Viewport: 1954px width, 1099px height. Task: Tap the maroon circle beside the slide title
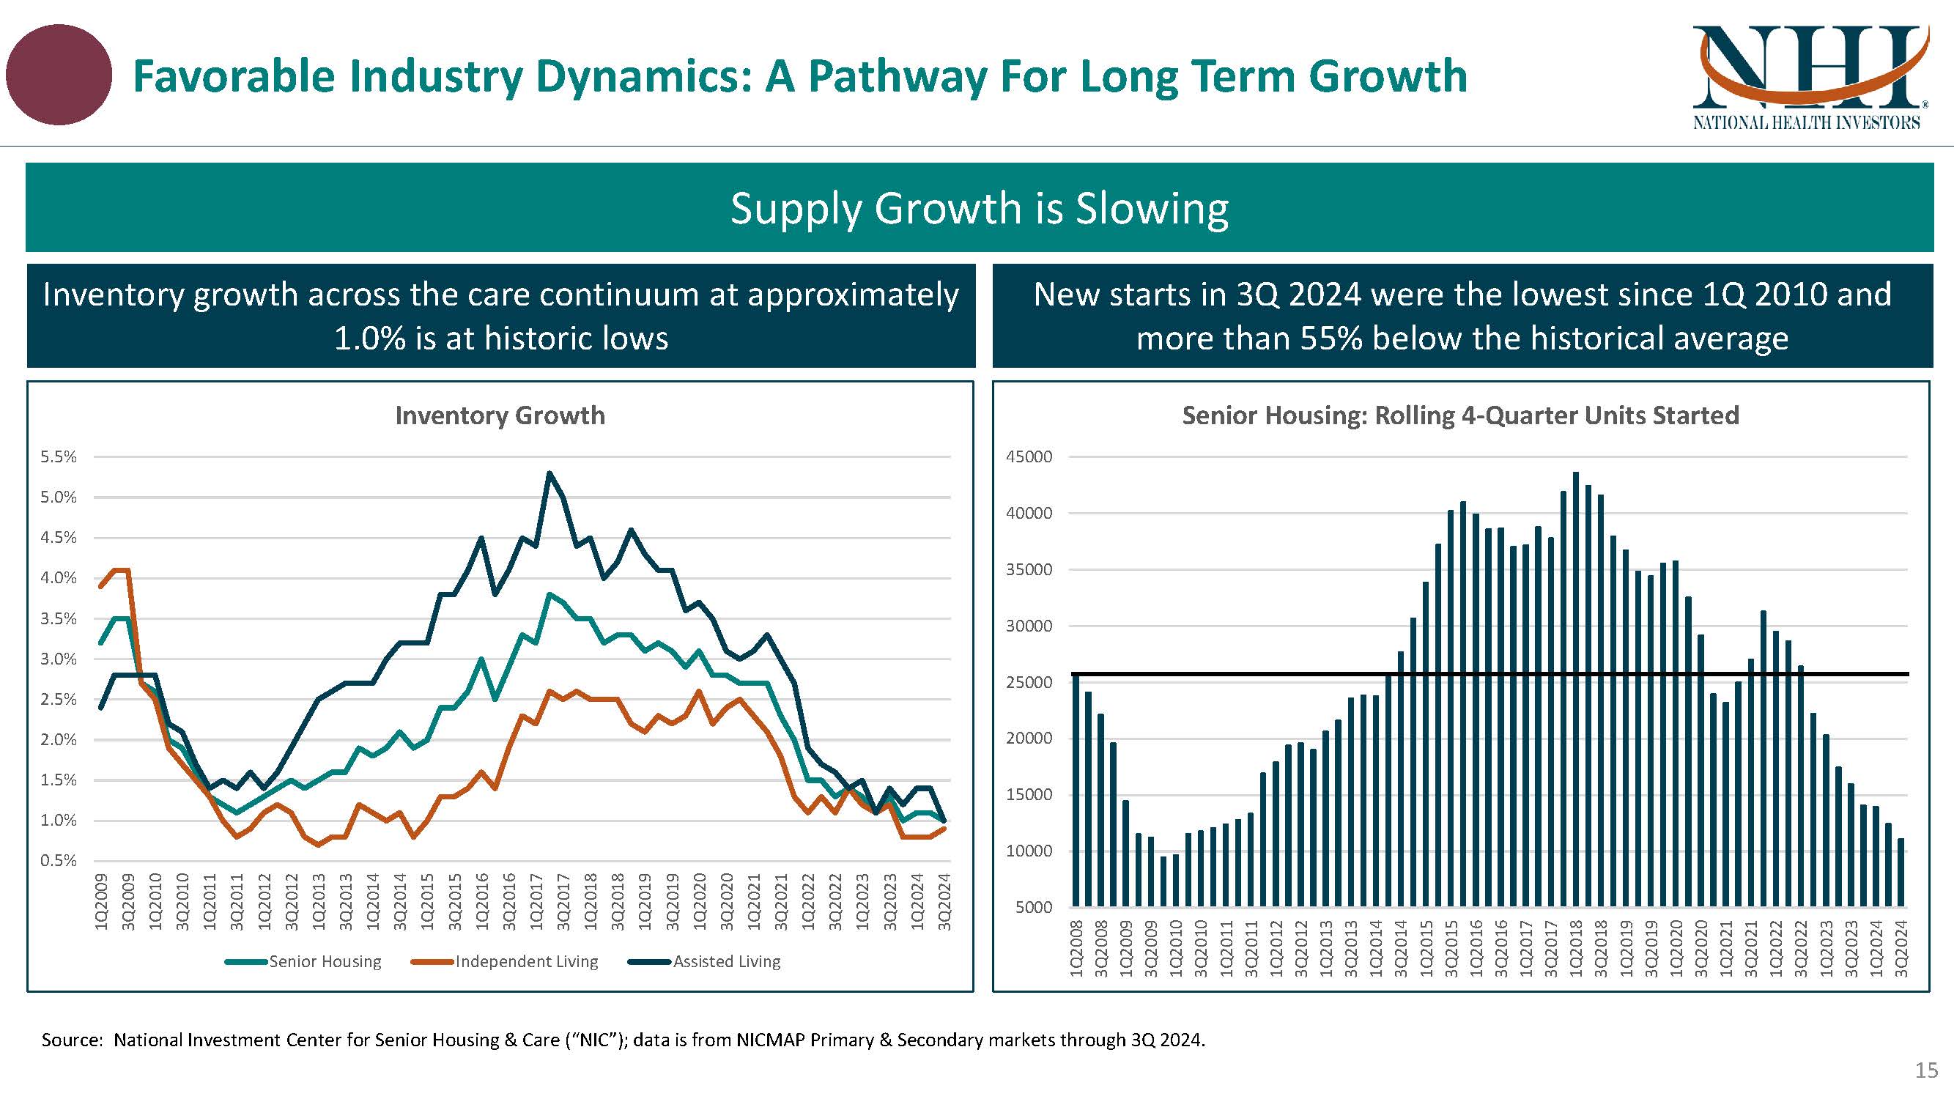(x=59, y=75)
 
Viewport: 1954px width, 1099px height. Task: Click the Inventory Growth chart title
(x=500, y=415)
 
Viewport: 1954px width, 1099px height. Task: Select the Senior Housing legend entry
(x=325, y=962)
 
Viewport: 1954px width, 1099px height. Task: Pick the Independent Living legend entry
(x=527, y=962)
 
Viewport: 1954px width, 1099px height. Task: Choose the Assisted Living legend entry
(x=726, y=962)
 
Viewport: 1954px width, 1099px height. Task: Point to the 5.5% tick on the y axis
(x=59, y=456)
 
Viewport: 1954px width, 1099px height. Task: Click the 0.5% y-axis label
(x=59, y=861)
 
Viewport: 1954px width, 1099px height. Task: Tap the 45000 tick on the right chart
(x=1029, y=456)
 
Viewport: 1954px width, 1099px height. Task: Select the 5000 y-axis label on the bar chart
(x=1033, y=907)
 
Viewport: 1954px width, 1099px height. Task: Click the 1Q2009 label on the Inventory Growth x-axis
(x=101, y=902)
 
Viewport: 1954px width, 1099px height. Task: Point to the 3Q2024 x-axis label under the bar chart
(x=1901, y=948)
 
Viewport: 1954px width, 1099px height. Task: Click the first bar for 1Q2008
(x=1076, y=789)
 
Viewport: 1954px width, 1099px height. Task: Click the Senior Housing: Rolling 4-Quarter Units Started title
(x=1460, y=415)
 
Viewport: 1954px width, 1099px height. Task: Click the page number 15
(x=1926, y=1070)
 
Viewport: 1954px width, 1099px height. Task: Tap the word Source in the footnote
(x=70, y=1040)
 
